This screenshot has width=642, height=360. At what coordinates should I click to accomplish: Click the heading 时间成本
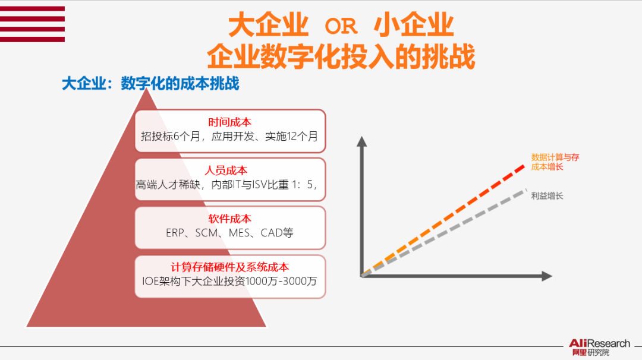pos(229,122)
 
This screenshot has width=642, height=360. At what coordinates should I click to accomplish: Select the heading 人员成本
pos(229,170)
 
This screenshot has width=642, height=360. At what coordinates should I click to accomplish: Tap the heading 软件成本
pos(229,219)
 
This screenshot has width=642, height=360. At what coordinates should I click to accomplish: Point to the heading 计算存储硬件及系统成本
pos(229,267)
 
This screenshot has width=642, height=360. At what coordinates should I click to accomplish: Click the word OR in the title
pos(341,26)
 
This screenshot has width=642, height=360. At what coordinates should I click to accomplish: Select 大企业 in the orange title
pos(268,25)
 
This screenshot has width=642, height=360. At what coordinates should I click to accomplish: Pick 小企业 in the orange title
pos(414,25)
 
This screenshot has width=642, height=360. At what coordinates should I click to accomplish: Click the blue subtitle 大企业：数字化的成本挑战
pos(150,84)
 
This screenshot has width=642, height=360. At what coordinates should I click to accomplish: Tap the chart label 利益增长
pos(547,195)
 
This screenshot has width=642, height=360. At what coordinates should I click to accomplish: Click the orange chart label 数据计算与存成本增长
pos(555,162)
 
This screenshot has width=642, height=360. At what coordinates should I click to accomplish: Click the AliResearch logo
pos(599,347)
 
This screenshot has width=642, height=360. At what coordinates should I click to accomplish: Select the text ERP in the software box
pos(175,232)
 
